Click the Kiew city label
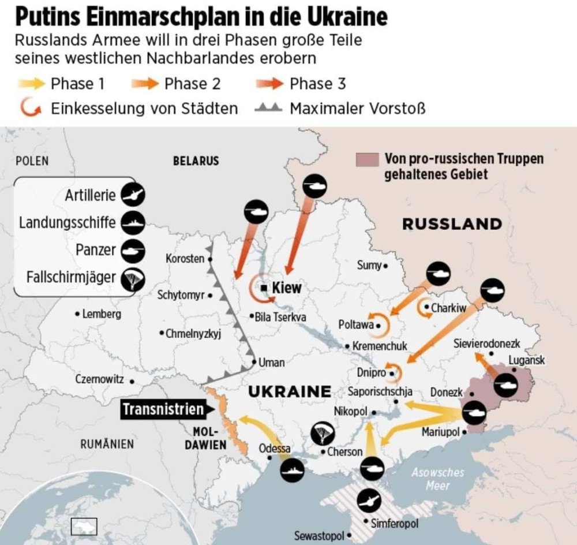click(x=286, y=288)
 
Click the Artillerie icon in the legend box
click(x=133, y=195)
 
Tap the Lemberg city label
click(x=101, y=315)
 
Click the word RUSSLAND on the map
click(x=452, y=224)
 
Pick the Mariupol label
click(x=441, y=432)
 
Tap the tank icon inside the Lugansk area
click(x=507, y=383)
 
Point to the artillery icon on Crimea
click(x=368, y=501)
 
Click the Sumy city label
click(x=369, y=266)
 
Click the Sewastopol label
click(x=319, y=536)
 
